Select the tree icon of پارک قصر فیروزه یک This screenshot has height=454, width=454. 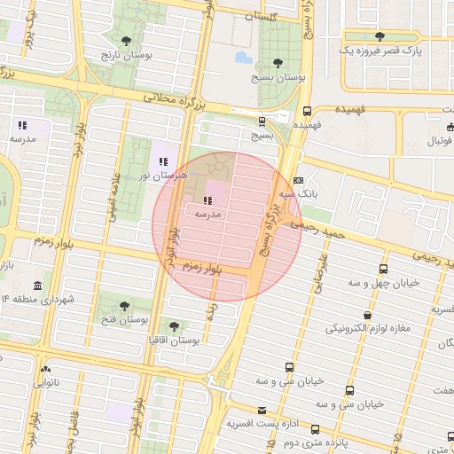point(380,36)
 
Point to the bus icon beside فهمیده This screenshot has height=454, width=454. point(307,111)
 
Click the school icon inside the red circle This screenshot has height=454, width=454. point(208,200)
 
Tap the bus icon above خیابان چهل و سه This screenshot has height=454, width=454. point(383,268)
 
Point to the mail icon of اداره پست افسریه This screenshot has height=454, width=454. point(262,411)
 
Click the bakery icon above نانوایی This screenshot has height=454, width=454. point(45,369)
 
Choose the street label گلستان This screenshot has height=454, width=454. point(271,17)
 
